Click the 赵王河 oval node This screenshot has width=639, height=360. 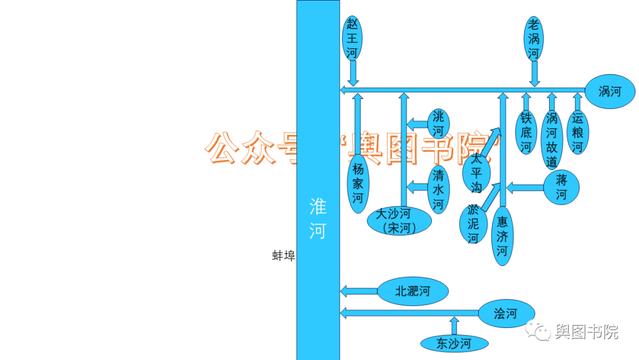[x=353, y=38]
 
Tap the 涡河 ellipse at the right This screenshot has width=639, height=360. [x=609, y=92]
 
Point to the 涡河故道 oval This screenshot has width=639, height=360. [x=551, y=139]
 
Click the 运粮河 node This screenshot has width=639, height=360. [x=577, y=132]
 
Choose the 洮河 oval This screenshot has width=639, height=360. [x=438, y=123]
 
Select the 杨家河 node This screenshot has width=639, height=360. [x=358, y=182]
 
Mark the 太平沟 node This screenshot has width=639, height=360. [x=476, y=173]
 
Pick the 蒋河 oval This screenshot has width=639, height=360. [x=561, y=188]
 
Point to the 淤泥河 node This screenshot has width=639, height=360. [x=473, y=224]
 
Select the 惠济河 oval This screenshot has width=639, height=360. [x=502, y=236]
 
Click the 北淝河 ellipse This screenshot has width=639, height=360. [x=412, y=291]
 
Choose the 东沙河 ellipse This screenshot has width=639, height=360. [x=454, y=343]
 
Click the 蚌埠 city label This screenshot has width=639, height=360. [x=283, y=256]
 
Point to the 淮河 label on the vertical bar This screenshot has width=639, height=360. [x=318, y=218]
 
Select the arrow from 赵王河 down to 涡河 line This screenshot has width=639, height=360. [x=353, y=73]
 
